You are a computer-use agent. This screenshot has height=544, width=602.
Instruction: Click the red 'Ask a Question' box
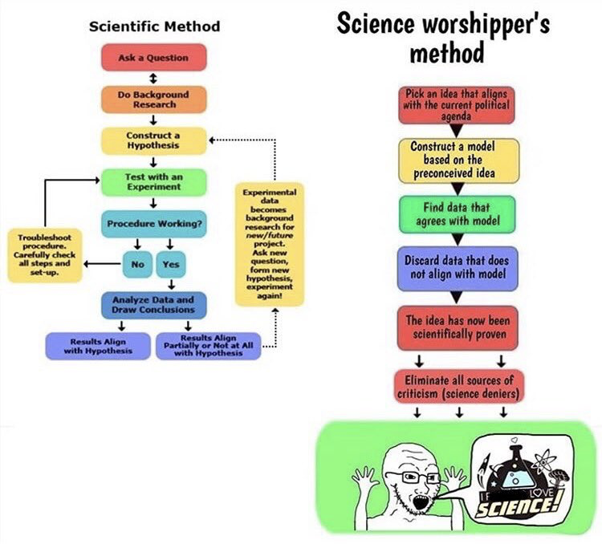pos(153,58)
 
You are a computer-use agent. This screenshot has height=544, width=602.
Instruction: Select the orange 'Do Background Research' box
pos(153,99)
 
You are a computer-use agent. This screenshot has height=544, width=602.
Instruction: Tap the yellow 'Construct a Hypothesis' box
pos(153,140)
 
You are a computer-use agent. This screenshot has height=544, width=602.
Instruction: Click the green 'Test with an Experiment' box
pos(153,181)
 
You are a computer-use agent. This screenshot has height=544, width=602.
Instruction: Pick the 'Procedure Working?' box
pos(153,223)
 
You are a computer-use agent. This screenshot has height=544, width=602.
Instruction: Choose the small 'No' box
pos(137,262)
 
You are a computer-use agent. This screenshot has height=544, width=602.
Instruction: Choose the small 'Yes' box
pos(171,262)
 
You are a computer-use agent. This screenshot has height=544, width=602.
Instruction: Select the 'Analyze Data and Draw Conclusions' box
pos(153,304)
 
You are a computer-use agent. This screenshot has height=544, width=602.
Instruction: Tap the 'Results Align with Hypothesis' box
pos(98,346)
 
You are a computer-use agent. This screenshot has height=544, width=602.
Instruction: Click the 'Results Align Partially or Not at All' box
pos(208,346)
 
